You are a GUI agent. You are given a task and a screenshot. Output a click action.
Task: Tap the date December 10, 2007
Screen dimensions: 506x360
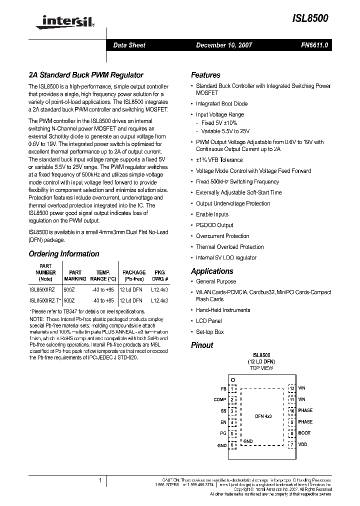point(224,45)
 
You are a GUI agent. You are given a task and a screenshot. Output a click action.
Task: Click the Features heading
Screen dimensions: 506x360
point(205,75)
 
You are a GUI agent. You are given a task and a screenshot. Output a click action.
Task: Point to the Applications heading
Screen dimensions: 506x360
point(212,271)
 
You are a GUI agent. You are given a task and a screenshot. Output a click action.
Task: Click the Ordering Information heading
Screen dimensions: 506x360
point(64,253)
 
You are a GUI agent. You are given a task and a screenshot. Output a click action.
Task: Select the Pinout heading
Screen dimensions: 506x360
point(202,345)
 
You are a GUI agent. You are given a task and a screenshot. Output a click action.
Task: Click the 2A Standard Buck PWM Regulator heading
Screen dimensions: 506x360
point(86,75)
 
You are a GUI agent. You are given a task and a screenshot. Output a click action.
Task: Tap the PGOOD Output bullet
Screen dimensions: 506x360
point(214,225)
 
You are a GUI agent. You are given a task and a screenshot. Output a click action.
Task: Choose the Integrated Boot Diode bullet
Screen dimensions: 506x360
point(221,103)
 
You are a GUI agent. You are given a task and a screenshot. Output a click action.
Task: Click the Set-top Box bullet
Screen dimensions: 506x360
point(210,331)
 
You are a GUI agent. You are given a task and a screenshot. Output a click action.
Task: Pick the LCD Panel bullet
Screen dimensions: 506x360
point(209,320)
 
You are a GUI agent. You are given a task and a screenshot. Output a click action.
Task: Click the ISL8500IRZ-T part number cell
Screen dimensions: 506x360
point(45,300)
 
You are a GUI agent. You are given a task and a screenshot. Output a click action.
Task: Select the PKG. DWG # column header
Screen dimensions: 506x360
point(160,275)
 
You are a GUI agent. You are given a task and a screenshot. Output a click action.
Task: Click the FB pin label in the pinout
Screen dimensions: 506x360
point(223,388)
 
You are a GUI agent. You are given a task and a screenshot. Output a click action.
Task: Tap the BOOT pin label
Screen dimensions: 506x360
point(304,433)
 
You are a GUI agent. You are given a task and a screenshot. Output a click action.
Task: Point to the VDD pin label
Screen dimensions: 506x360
point(303,444)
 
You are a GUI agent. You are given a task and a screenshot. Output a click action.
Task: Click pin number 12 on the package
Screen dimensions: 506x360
point(291,388)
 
